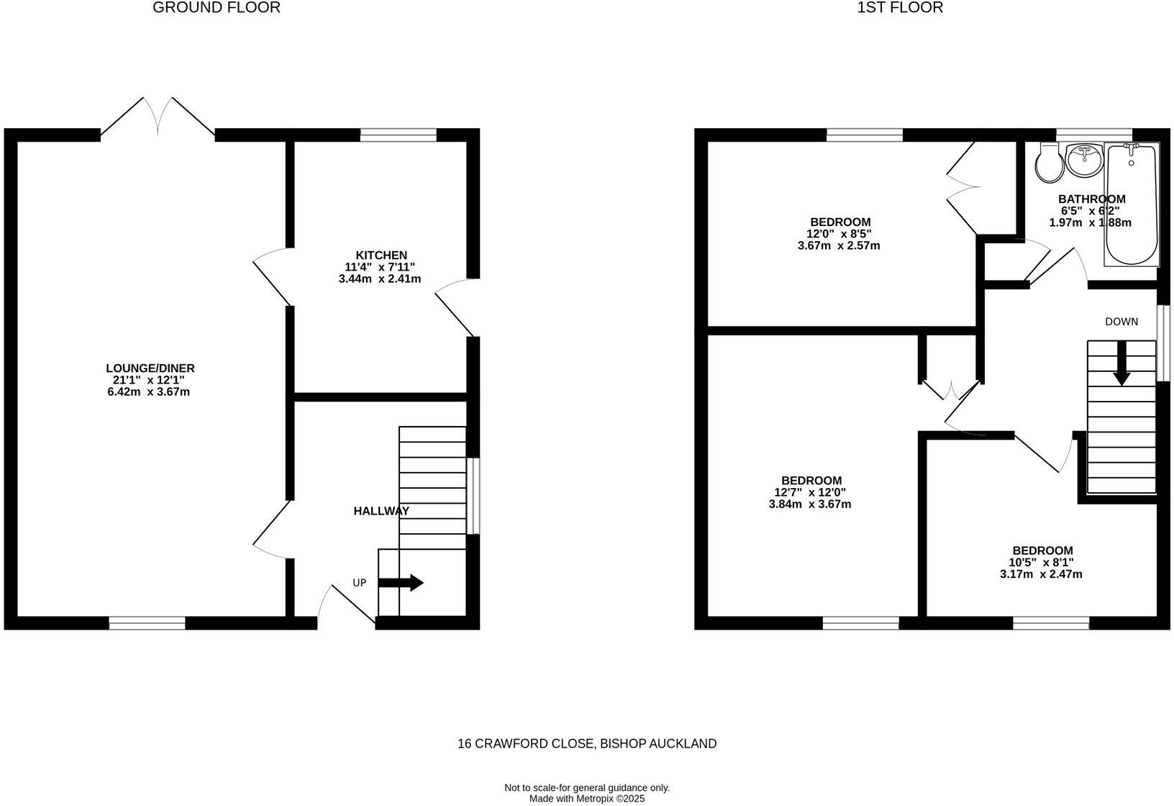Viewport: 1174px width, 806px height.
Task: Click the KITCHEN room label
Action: [x=381, y=255]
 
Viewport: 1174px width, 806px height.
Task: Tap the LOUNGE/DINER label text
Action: [x=150, y=368]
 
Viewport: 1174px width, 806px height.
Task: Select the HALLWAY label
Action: [x=381, y=511]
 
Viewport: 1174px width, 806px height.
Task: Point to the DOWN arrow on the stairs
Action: [x=1121, y=365]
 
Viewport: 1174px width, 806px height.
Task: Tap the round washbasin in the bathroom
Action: [x=1084, y=159]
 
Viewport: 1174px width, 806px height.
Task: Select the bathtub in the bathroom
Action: [x=1132, y=205]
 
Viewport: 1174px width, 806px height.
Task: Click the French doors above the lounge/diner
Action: [x=158, y=117]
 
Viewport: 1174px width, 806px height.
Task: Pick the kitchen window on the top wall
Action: [x=398, y=135]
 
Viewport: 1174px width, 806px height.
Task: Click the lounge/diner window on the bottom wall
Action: [x=147, y=623]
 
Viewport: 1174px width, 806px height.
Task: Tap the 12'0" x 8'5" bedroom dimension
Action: [x=839, y=234]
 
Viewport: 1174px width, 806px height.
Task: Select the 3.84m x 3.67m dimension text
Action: [x=810, y=504]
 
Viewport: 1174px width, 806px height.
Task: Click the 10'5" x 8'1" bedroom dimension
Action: [x=1042, y=563]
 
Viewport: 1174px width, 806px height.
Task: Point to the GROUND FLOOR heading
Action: [x=217, y=8]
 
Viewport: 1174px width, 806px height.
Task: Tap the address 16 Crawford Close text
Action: [x=587, y=744]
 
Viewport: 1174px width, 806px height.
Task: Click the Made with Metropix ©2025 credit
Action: [x=587, y=799]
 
